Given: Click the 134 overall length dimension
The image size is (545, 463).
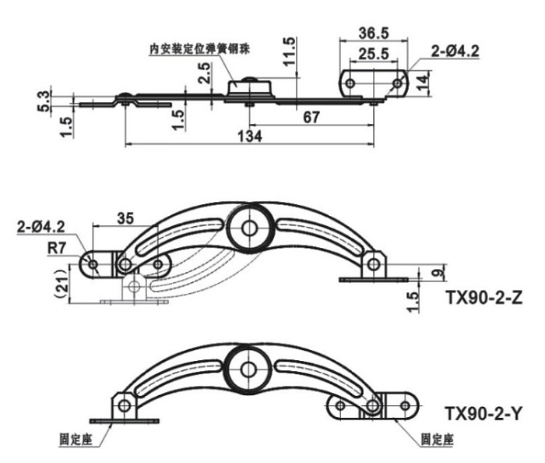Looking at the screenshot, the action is (250, 136).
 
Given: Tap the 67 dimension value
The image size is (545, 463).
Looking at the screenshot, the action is (311, 117).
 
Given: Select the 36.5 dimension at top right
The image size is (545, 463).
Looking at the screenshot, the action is (374, 33).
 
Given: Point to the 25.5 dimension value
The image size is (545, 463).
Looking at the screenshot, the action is (374, 54).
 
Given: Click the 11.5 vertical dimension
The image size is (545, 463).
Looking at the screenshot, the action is (289, 51).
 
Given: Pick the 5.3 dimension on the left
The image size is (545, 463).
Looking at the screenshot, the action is (43, 101).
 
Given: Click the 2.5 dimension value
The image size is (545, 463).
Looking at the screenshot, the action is (204, 72).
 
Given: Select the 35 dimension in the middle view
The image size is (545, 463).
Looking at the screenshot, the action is (125, 218).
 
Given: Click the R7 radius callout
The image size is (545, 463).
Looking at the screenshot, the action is (56, 248).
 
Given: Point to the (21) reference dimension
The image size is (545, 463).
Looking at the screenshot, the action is (62, 284).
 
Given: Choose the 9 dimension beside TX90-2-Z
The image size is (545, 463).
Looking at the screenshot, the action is (439, 271).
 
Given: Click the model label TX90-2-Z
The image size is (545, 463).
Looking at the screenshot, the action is (483, 298).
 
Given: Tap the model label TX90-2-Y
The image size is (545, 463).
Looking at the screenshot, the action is (483, 414).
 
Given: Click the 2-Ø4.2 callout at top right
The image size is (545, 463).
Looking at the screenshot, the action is (455, 51).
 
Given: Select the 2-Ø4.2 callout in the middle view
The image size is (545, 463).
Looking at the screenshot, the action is (41, 227).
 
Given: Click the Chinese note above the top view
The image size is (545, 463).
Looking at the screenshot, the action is (199, 48).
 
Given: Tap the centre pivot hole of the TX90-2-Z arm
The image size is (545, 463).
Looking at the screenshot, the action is (249, 228).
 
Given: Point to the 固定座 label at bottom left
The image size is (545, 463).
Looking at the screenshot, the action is (76, 440).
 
